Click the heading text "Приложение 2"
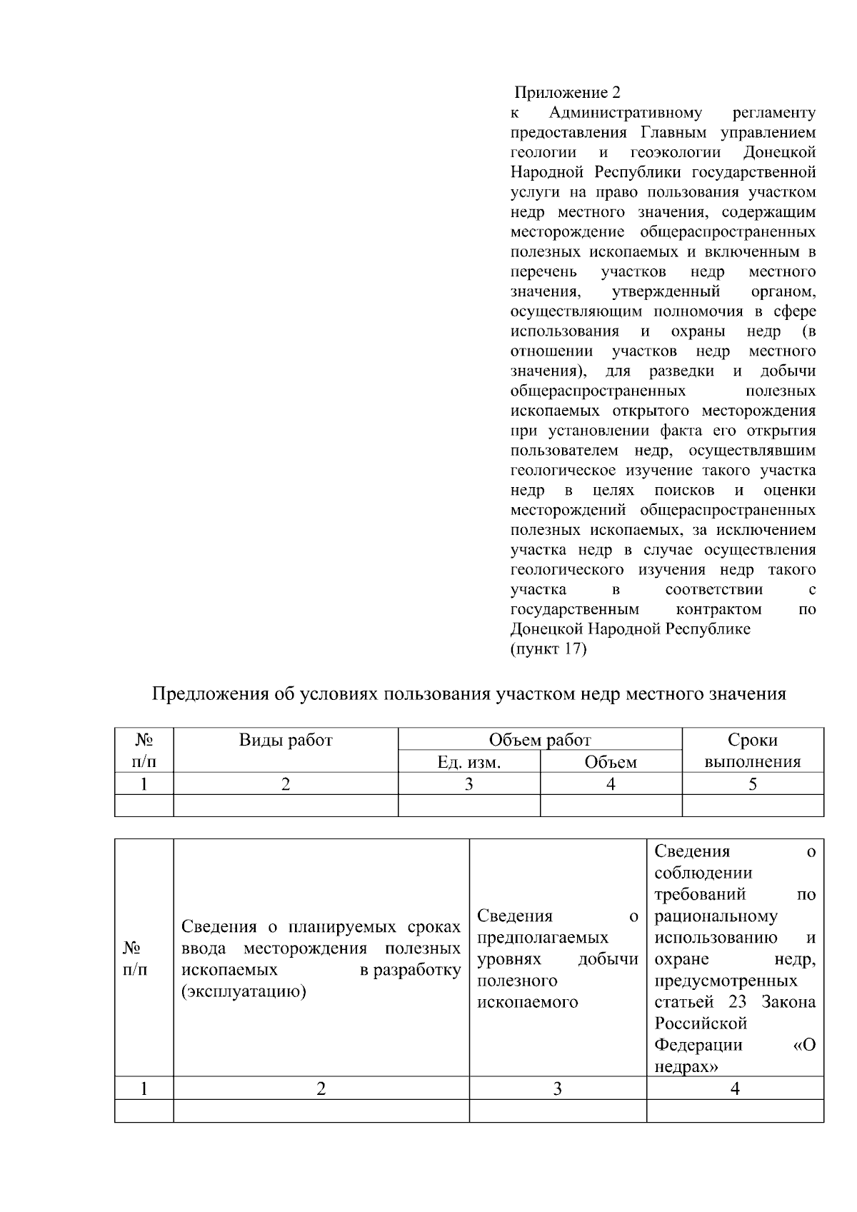(x=568, y=93)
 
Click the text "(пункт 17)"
(x=548, y=649)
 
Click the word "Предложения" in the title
(x=211, y=693)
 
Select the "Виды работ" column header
(x=285, y=740)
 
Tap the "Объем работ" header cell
(x=539, y=740)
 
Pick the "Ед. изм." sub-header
(x=468, y=762)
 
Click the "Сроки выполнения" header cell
(x=753, y=751)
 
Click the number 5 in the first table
(x=753, y=784)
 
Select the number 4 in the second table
(x=735, y=1088)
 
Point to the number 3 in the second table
(x=557, y=1088)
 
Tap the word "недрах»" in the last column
(x=686, y=1066)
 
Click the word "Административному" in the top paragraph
(x=626, y=113)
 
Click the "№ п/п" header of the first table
(x=144, y=751)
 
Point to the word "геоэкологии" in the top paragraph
(x=676, y=153)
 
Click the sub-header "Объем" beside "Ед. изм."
(x=611, y=762)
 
